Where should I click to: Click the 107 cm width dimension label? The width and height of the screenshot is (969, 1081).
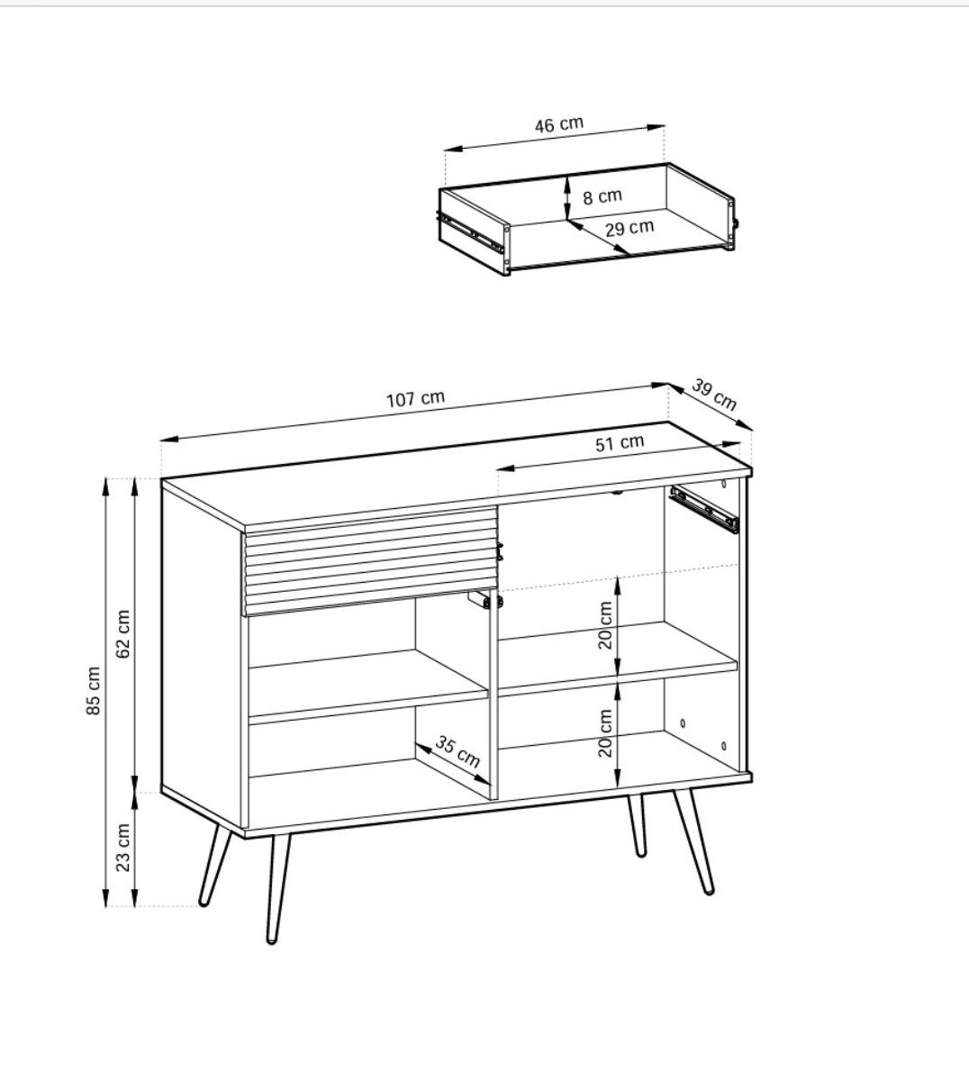click(x=415, y=399)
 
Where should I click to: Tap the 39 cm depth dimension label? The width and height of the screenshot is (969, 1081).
click(x=714, y=395)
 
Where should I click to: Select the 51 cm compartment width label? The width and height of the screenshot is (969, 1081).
click(x=620, y=442)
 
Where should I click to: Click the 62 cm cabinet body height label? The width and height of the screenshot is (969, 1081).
click(x=122, y=634)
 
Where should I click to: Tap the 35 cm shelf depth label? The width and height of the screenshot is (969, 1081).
click(x=457, y=750)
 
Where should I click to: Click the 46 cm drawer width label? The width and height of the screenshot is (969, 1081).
click(x=559, y=124)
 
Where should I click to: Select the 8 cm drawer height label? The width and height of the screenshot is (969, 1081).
click(x=602, y=196)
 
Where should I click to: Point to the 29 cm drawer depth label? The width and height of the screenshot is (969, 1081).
click(x=629, y=228)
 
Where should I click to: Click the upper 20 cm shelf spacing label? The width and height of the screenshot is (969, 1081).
click(x=605, y=625)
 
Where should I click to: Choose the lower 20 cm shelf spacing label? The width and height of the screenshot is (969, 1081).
click(x=605, y=732)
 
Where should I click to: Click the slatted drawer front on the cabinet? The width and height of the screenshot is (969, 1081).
click(x=370, y=561)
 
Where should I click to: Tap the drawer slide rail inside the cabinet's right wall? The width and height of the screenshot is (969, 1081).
click(x=704, y=510)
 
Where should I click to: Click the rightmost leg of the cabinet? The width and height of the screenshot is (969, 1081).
click(x=693, y=840)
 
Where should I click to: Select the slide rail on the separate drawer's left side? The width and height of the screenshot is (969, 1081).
click(x=469, y=232)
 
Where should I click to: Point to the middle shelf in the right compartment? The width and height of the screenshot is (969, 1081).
click(x=618, y=659)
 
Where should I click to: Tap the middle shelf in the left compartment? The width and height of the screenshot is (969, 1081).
click(x=368, y=686)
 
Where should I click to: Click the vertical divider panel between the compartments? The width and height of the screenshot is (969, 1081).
click(x=494, y=694)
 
